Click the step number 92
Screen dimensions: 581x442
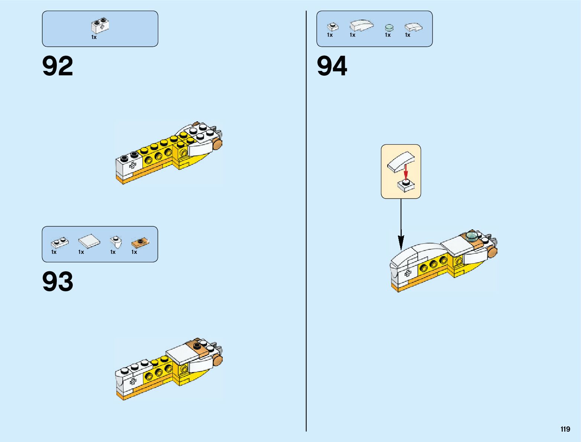point(58,66)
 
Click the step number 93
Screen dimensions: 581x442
point(58,281)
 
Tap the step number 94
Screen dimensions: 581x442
point(332,66)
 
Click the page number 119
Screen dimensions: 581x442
point(565,429)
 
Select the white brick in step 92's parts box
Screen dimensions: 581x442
point(100,26)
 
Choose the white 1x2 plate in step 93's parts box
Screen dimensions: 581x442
point(59,243)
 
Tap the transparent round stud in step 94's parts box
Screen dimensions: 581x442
point(389,27)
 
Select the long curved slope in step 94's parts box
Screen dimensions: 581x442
point(361,25)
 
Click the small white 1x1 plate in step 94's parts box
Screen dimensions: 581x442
point(333,27)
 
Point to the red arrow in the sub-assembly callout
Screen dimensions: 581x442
point(406,172)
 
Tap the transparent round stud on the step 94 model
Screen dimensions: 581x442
point(472,236)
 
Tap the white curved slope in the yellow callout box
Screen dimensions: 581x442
point(401,161)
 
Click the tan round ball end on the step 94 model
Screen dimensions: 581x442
point(492,252)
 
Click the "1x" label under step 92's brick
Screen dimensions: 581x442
point(94,37)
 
